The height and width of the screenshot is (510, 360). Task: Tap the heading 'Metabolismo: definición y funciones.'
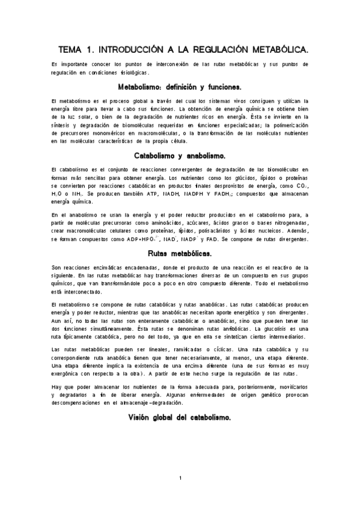click(180, 86)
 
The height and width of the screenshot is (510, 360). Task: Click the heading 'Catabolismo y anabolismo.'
click(180, 155)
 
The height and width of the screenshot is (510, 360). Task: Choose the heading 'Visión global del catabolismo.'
click(180, 400)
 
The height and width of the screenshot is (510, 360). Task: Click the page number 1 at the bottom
click(180, 495)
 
